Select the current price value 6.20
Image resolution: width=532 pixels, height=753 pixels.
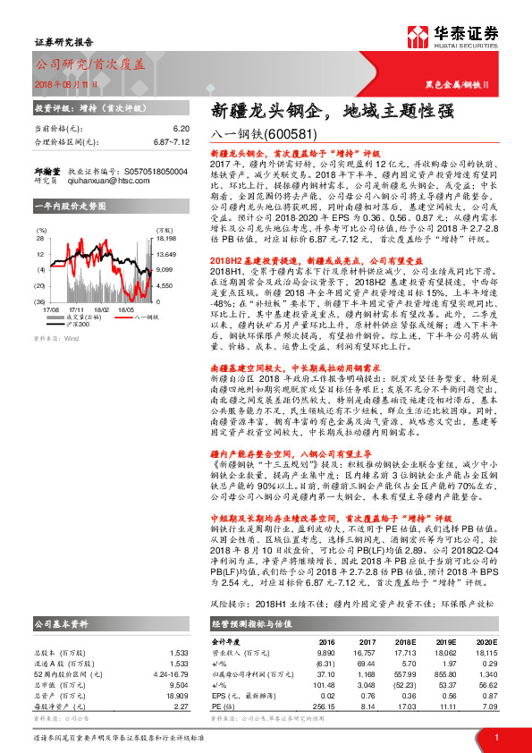coord(182,129)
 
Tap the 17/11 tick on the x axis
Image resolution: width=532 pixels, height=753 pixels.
coord(76,309)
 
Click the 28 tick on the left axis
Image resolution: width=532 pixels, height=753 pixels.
coord(40,239)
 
